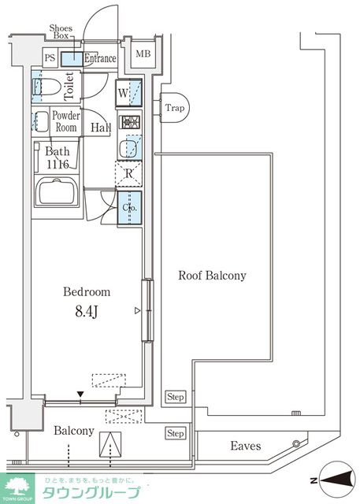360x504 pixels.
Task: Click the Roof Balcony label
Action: click(212, 276)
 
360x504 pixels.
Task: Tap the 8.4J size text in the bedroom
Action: click(87, 312)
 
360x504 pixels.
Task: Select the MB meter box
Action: click(143, 54)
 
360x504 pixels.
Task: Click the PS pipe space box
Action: click(50, 57)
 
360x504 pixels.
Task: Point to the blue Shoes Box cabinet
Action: click(72, 59)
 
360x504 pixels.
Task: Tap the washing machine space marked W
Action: click(128, 93)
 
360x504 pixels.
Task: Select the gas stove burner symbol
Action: click(130, 121)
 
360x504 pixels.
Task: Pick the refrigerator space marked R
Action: click(128, 173)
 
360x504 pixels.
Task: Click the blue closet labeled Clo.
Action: click(129, 208)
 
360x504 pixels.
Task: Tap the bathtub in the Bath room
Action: click(57, 191)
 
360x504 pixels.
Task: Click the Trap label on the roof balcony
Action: click(175, 108)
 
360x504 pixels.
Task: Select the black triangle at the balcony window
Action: click(80, 395)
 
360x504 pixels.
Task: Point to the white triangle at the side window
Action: click(137, 310)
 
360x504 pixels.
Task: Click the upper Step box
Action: click(176, 397)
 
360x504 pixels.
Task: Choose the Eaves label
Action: click(246, 446)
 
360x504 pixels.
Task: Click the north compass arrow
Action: click(334, 481)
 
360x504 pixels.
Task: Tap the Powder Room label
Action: click(66, 121)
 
